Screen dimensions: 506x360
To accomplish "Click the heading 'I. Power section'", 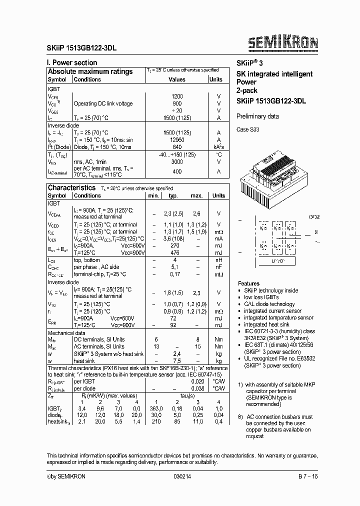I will [72, 62].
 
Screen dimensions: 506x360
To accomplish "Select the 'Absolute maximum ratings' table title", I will [90, 71].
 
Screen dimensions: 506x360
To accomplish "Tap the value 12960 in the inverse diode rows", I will [176, 140].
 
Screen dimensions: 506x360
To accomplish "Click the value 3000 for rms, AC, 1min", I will [176, 162].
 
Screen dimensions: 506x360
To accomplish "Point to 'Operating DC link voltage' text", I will [103, 103].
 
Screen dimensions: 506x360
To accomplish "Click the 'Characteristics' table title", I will [71, 187].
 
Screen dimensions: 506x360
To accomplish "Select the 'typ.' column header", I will [173, 196].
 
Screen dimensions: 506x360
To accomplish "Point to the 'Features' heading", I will [248, 283].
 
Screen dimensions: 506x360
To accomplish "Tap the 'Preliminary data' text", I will [257, 116].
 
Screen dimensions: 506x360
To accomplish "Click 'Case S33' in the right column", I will [248, 129].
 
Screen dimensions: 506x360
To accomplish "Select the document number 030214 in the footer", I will [182, 476].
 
